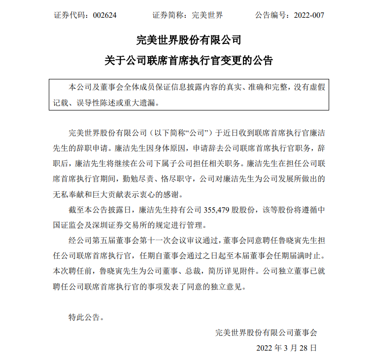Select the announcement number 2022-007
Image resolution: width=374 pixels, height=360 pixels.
pos(309,15)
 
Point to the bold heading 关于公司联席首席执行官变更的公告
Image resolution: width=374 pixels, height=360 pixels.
pos(189,61)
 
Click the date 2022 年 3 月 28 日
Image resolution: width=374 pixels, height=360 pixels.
pos(286,347)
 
